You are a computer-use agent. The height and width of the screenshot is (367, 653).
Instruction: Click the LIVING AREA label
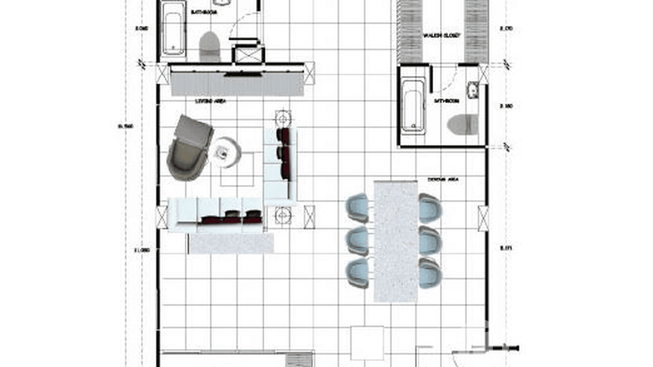point(209,101)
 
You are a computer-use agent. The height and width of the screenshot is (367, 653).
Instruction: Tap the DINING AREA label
point(443,180)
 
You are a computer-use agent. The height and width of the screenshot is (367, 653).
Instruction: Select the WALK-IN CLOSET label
point(441,36)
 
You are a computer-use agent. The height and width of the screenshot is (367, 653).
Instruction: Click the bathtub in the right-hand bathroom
point(413,106)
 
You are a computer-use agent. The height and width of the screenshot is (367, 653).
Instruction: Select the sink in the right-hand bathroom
point(473,90)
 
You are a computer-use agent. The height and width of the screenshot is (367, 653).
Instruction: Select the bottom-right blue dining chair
point(431,273)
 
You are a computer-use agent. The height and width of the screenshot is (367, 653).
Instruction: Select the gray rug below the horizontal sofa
point(231,243)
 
